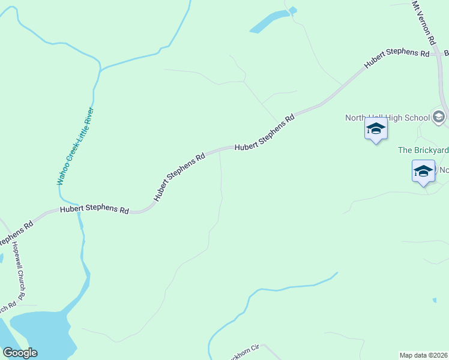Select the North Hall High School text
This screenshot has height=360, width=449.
tap(387, 118)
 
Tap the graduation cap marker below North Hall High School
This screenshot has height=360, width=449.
tap(376, 129)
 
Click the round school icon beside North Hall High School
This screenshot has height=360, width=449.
tap(439, 118)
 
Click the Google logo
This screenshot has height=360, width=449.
tap(20, 353)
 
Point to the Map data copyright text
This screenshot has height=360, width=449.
tap(423, 355)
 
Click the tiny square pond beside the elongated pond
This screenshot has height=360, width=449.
tap(292, 10)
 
